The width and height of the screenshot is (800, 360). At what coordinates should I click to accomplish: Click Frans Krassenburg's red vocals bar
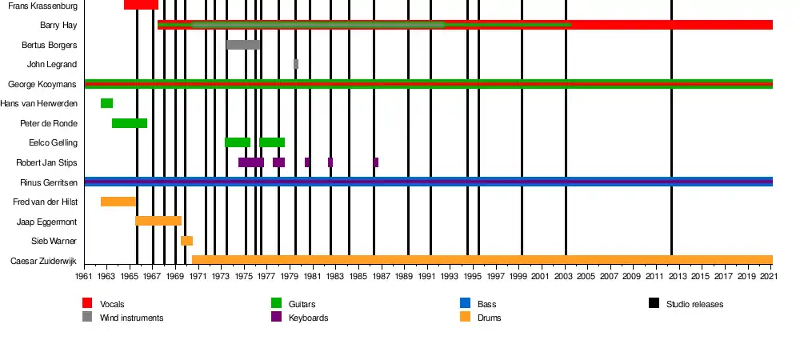click(x=141, y=5)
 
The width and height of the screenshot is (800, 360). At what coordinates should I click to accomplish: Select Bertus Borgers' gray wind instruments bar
click(x=243, y=45)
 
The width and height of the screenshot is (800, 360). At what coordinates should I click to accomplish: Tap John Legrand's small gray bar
click(x=296, y=64)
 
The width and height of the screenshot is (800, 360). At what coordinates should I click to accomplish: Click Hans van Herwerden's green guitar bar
click(x=106, y=103)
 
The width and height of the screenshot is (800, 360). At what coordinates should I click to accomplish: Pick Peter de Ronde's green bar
click(x=130, y=123)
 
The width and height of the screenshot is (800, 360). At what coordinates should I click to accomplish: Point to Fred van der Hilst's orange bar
click(x=118, y=202)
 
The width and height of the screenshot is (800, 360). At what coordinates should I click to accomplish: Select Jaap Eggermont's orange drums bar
click(x=158, y=221)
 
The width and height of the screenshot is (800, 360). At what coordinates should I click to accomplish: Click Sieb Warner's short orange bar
click(x=186, y=241)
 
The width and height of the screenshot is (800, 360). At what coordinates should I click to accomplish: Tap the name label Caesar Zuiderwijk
click(x=44, y=261)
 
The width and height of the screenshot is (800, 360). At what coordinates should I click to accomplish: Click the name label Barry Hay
click(x=58, y=25)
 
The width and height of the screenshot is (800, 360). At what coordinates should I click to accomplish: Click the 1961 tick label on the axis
click(x=84, y=276)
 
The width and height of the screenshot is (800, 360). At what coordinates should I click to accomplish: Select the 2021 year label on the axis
click(x=768, y=276)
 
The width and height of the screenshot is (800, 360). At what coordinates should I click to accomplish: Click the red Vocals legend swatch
click(x=87, y=303)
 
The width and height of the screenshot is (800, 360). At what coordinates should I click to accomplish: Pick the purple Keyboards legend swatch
click(x=276, y=317)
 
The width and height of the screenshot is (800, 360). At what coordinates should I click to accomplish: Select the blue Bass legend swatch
click(x=465, y=303)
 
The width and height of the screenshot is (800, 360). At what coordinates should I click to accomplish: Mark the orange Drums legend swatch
click(x=465, y=317)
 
